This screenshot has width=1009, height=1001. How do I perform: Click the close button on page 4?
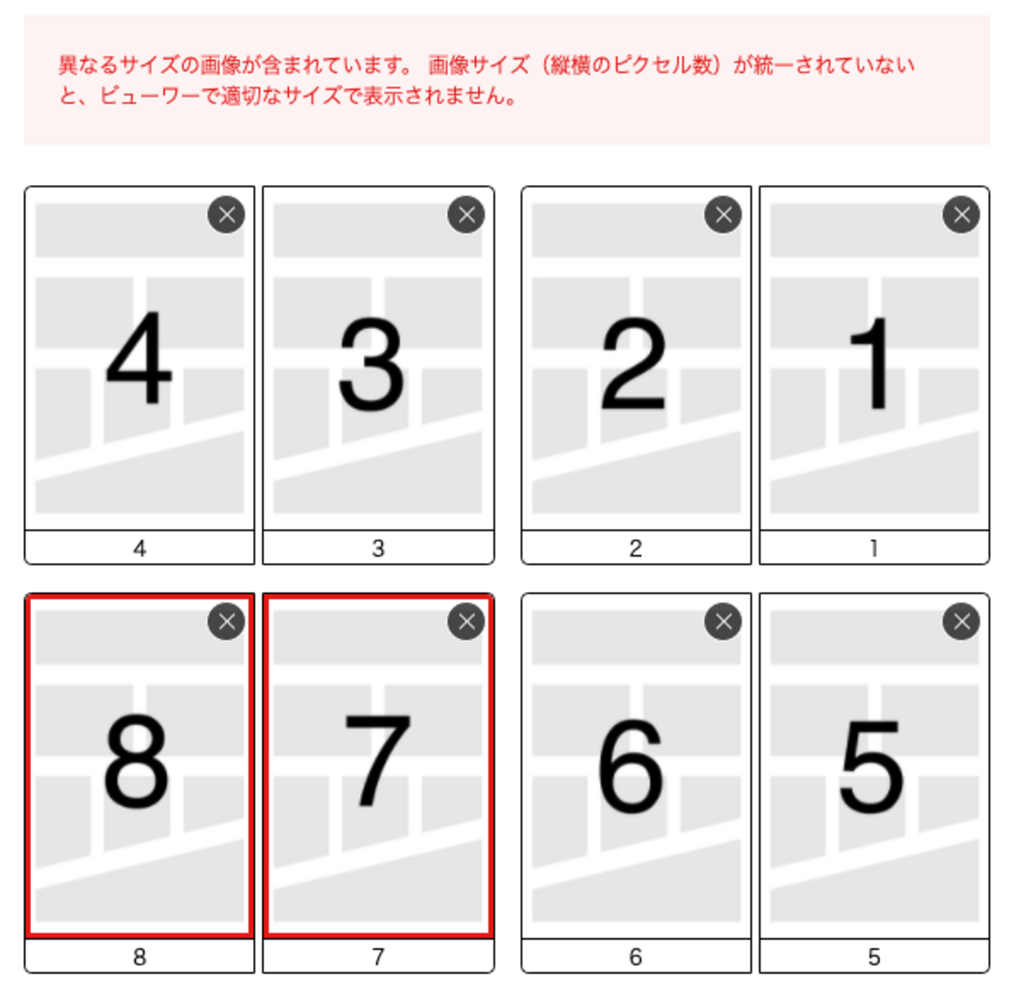(x=226, y=214)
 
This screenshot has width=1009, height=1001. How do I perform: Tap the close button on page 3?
(x=466, y=214)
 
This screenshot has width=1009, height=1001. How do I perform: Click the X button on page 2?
(x=723, y=214)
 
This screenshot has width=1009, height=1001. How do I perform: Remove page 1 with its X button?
(x=962, y=214)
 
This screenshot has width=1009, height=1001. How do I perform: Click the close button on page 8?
(x=226, y=621)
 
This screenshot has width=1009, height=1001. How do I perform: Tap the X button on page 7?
(x=466, y=621)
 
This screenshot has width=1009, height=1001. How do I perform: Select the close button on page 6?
(x=723, y=621)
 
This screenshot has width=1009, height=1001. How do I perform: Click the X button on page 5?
(x=962, y=621)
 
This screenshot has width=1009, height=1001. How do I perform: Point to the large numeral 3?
(x=372, y=363)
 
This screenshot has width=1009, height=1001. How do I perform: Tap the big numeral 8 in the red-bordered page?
(x=136, y=762)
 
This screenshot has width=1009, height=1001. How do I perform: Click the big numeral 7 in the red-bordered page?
(x=378, y=761)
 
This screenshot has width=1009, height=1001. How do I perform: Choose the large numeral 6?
(x=632, y=766)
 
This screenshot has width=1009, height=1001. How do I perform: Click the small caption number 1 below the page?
(x=873, y=548)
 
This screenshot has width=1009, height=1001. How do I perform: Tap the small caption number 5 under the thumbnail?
(x=874, y=957)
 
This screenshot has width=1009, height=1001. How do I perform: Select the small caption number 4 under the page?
(x=139, y=548)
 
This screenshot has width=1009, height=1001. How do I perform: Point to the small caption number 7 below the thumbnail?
(x=378, y=957)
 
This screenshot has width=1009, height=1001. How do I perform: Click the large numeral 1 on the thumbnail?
(x=870, y=363)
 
